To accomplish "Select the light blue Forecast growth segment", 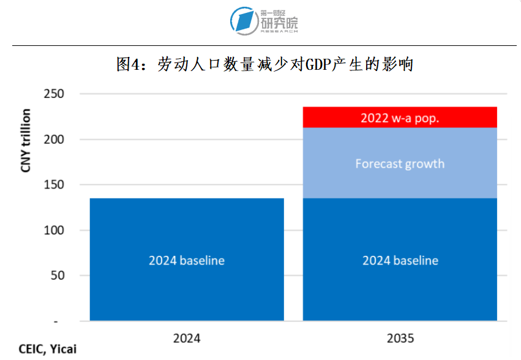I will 400,147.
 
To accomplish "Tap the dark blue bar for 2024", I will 187,288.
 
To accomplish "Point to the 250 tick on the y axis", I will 54,94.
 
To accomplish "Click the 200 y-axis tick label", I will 54,139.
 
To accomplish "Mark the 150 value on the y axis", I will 54,184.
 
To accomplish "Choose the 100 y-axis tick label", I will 54,230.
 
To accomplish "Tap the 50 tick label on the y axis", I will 58,276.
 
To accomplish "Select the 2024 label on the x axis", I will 187,338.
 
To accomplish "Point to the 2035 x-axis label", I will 400,338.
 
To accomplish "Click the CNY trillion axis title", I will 26,140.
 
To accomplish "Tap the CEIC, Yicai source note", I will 40,349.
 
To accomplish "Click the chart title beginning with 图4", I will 264,64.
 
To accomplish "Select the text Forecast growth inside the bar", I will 400,164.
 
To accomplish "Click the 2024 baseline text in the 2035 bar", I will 400,260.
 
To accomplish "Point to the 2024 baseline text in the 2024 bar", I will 187,260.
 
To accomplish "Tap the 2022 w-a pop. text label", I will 400,118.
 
